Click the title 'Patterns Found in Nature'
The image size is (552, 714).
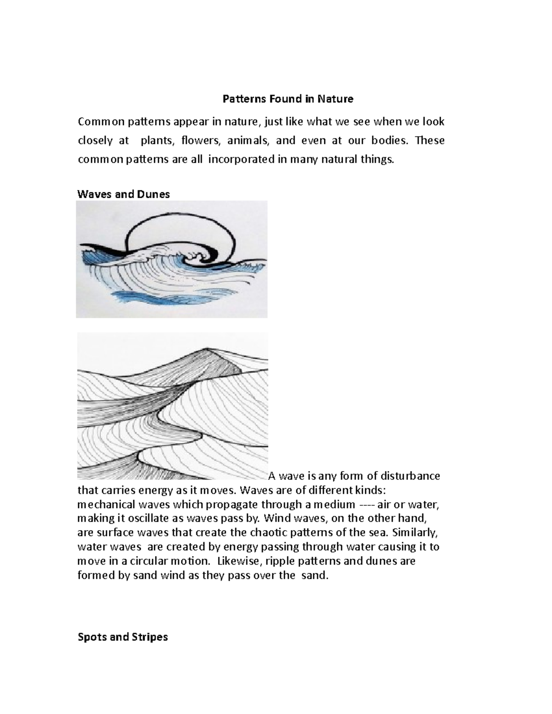click(x=288, y=99)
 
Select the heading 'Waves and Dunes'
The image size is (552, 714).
click(x=124, y=194)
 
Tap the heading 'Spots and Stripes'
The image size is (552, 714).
click(x=123, y=637)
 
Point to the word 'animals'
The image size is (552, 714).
click(x=247, y=141)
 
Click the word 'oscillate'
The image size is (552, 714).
click(x=162, y=519)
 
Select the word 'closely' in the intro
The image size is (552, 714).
click(x=95, y=141)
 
